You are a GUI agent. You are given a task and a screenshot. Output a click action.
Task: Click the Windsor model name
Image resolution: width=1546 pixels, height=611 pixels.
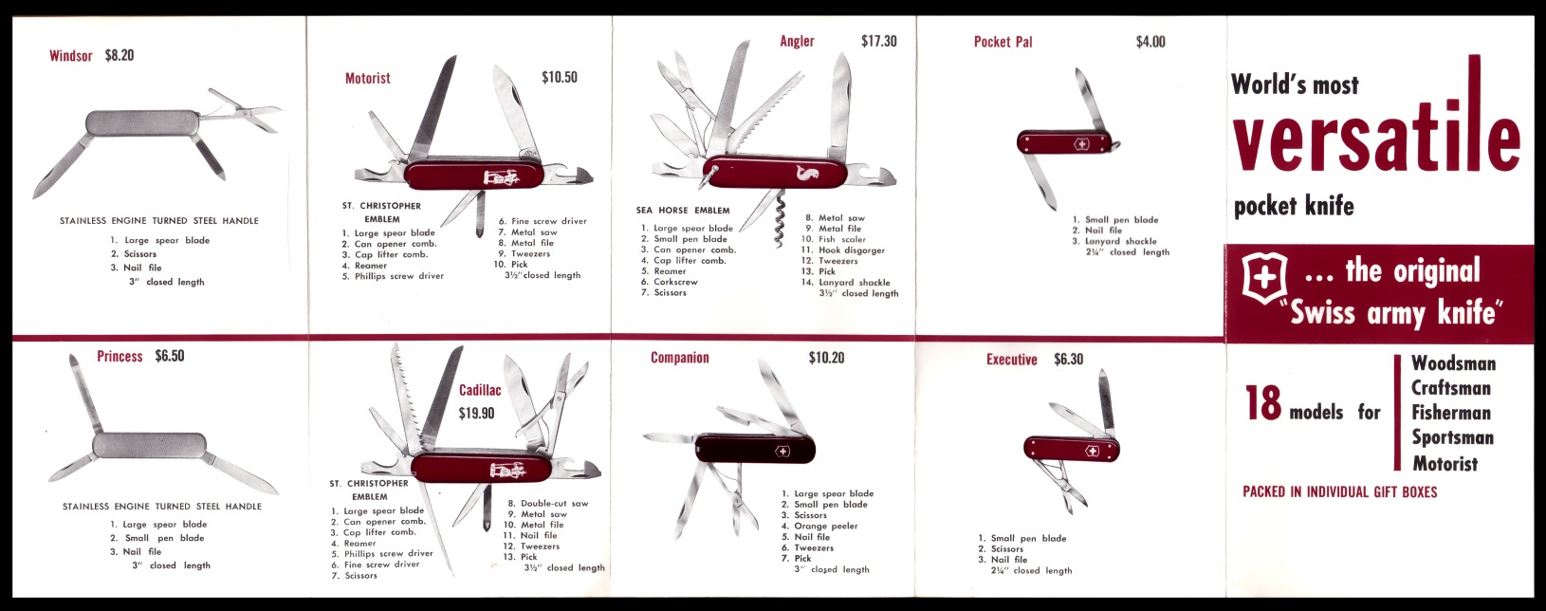70,56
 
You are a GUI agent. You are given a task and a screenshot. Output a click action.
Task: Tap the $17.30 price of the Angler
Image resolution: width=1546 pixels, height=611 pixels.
878,42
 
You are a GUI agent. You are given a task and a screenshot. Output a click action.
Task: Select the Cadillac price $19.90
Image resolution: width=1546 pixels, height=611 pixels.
476,414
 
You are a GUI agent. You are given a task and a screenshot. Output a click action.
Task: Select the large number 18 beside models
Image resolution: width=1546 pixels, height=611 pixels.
1263,403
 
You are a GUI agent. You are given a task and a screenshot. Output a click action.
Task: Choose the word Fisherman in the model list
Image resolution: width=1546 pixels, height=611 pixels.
1451,413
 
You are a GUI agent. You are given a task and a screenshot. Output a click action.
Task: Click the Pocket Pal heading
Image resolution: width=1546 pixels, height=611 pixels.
1003,42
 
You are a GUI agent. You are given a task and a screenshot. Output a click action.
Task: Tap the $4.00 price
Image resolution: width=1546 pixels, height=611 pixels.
1150,42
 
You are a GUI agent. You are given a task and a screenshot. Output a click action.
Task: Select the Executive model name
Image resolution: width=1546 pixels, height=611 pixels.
1011,360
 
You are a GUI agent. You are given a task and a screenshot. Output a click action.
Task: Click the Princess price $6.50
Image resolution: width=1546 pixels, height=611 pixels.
169,356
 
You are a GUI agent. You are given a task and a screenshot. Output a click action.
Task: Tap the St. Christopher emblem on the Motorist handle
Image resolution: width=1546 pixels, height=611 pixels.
501,178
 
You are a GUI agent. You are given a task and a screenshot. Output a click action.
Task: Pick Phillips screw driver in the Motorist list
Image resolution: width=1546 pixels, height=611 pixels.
399,276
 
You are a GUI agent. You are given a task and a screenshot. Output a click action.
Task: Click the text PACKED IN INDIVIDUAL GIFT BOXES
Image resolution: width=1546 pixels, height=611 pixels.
1339,492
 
